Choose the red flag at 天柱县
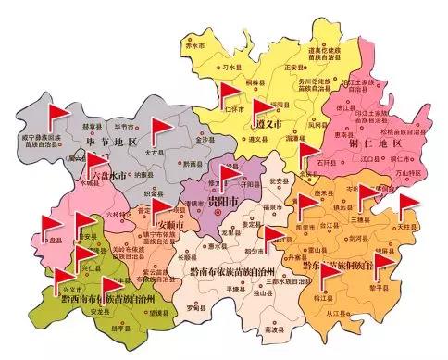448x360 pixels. pyautogui.click(x=408, y=205)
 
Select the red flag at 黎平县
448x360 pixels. pyautogui.click(x=381, y=264)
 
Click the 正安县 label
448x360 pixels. pyautogui.click(x=292, y=68)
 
